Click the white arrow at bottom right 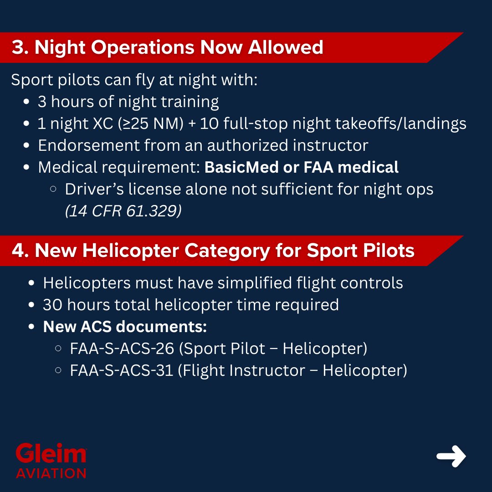click(451, 456)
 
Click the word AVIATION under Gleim click(51, 473)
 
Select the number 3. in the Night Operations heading click(20, 47)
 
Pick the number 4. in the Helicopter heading click(20, 251)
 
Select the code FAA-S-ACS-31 click(121, 370)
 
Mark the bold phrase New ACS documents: click(125, 327)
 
